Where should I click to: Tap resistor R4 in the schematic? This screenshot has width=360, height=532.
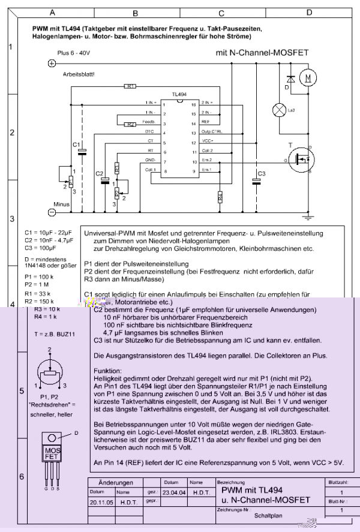click(220, 196)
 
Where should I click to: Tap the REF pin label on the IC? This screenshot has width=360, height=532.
click(206, 123)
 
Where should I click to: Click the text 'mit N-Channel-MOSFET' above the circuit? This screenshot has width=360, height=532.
click(262, 53)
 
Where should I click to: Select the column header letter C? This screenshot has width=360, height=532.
click(221, 12)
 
